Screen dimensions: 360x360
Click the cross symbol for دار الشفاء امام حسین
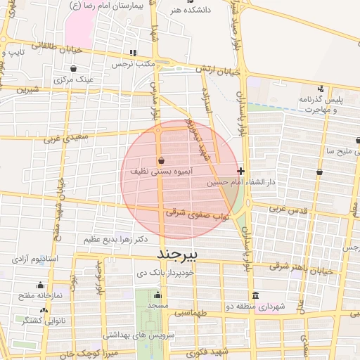click(240, 171)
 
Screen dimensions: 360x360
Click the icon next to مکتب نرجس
click(132, 53)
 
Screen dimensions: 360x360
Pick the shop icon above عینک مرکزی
click(75, 69)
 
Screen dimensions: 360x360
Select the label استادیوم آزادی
click(39, 259)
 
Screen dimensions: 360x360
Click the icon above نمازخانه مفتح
click(40, 285)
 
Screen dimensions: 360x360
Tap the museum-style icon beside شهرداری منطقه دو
click(255, 295)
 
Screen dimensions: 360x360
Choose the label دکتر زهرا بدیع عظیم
click(116, 239)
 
